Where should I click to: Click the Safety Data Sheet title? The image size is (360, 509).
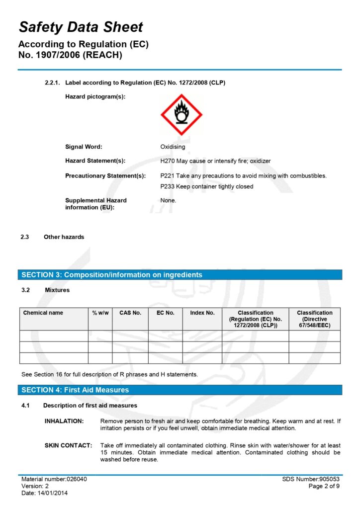click(81, 27)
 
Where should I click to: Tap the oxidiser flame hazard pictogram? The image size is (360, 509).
click(181, 114)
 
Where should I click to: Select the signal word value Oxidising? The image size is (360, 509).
click(173, 147)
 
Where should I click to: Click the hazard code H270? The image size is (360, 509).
click(168, 161)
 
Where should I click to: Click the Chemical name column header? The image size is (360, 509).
click(43, 313)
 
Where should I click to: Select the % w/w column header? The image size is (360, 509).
click(100, 313)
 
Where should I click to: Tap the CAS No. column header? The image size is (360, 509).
click(130, 313)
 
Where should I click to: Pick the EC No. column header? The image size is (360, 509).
click(166, 313)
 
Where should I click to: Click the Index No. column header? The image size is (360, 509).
click(202, 313)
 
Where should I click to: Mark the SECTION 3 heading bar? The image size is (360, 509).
click(180, 275)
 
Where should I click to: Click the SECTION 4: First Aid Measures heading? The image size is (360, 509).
click(75, 390)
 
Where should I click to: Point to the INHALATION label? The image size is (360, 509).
click(64, 422)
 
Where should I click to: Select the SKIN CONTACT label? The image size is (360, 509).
click(68, 446)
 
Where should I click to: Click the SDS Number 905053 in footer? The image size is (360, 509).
click(311, 479)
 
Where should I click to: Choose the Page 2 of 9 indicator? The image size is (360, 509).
click(324, 486)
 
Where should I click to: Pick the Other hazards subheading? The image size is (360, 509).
click(64, 237)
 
